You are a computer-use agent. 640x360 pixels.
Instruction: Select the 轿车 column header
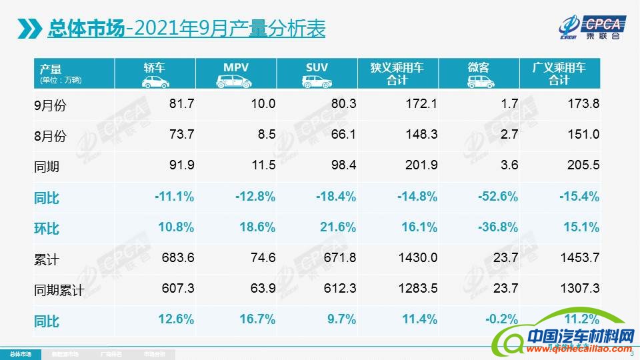[x=155, y=73]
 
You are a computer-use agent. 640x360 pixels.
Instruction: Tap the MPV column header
[x=235, y=73]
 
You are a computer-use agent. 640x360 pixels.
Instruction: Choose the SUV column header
[x=317, y=73]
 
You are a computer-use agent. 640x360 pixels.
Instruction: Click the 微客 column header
[x=478, y=73]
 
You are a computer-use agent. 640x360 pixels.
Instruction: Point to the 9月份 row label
[x=51, y=105]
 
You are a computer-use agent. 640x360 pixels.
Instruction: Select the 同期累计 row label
[x=58, y=290]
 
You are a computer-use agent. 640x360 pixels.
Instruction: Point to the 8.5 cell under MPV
[x=267, y=135]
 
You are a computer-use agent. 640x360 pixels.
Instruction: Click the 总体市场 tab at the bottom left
[x=20, y=353]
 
